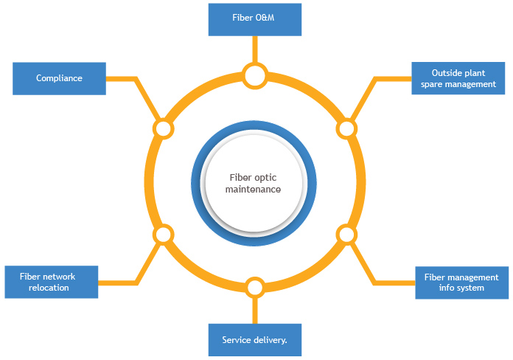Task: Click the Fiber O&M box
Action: point(255,19)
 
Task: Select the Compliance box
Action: point(60,78)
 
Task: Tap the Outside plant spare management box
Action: point(458,78)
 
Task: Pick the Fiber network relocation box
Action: point(52,282)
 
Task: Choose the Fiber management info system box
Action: point(461,282)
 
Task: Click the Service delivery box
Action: point(255,340)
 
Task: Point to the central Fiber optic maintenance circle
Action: point(254,182)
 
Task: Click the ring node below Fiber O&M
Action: point(255,75)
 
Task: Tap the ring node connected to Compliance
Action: point(163,128)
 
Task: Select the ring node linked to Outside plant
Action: point(346,128)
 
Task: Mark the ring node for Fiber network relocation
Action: point(163,235)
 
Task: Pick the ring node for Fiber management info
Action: point(346,235)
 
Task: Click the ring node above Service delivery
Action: point(255,287)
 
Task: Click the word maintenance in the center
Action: point(254,189)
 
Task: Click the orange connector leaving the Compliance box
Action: point(122,78)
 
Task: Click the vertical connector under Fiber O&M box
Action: point(255,50)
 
